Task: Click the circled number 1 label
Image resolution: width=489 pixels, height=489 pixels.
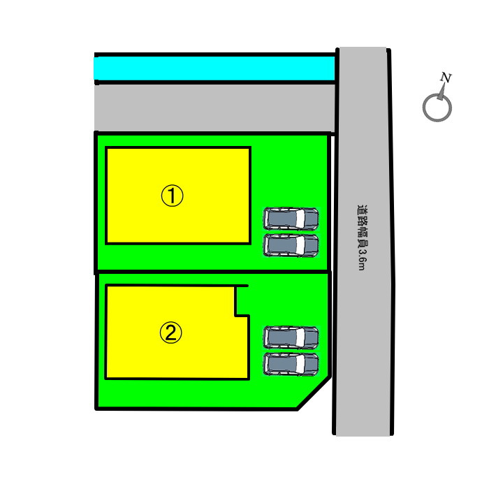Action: tap(172, 196)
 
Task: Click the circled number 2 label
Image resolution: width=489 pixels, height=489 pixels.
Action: tap(170, 333)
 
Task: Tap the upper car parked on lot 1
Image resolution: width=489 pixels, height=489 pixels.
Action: tap(291, 219)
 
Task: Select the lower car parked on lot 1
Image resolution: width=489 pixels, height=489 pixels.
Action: tap(291, 245)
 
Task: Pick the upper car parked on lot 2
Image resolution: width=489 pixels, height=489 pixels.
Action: tap(291, 337)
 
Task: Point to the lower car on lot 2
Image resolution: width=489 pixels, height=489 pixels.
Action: tap(291, 364)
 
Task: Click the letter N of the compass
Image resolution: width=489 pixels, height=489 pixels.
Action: tap(446, 78)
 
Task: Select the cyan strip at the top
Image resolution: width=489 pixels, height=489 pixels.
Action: tap(214, 68)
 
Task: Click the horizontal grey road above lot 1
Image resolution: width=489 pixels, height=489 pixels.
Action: tap(214, 108)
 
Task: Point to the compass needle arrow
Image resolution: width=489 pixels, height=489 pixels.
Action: tap(441, 92)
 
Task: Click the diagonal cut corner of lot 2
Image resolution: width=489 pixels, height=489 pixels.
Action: tap(314, 393)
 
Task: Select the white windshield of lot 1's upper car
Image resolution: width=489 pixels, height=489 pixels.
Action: tap(300, 219)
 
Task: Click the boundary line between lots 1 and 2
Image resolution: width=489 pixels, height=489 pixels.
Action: tap(212, 272)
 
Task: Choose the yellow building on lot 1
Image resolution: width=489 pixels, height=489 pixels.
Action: tap(178, 195)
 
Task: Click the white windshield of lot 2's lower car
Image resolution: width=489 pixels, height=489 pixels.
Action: tap(300, 364)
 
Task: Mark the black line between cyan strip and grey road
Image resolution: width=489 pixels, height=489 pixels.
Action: tap(215, 82)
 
